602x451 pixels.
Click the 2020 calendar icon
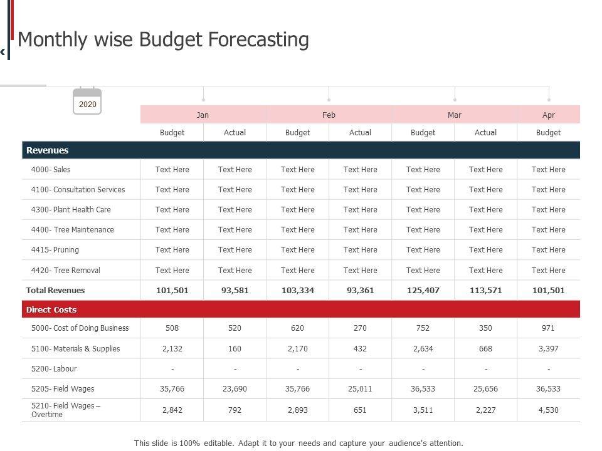tap(87, 102)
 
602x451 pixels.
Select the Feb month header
tap(329, 115)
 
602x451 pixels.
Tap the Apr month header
tap(548, 115)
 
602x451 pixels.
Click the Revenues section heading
tap(48, 150)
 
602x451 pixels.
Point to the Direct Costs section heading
tap(51, 310)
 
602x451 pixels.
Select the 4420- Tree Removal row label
tap(65, 271)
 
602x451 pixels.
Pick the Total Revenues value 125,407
tap(423, 291)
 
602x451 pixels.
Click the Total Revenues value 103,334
tap(297, 291)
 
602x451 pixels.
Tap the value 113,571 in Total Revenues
tap(485, 291)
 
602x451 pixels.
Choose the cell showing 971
tap(548, 328)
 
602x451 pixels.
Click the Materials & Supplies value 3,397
tap(548, 349)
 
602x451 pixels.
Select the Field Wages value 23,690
tap(235, 389)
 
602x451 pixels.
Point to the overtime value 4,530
tap(548, 410)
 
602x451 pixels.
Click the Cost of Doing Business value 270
tap(360, 328)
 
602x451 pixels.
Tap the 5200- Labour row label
tap(54, 369)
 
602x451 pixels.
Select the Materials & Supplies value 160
tap(235, 349)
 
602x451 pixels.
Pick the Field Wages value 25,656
tap(485, 389)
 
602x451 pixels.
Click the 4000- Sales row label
tap(51, 170)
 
